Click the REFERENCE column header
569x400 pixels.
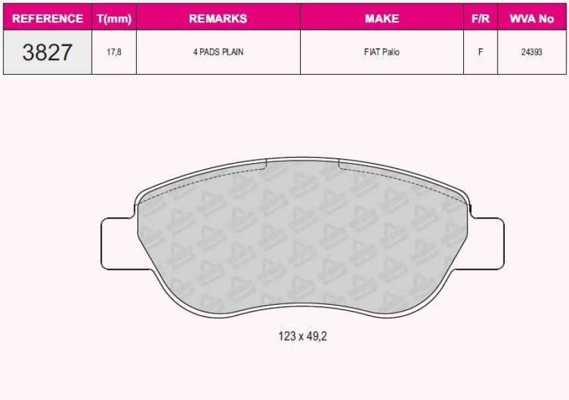point(48,18)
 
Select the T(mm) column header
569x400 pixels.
point(114,18)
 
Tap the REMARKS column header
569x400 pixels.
point(218,18)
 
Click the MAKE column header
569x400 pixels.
point(381,18)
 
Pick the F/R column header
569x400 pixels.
point(480,18)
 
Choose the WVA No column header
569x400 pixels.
point(531,18)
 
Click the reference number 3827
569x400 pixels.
point(47,52)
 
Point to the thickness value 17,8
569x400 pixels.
point(114,52)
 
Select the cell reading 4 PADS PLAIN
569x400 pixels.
point(218,52)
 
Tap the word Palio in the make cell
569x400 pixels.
point(391,52)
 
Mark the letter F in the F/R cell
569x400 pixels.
point(480,52)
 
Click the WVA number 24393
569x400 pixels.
point(531,52)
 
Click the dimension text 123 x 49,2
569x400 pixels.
point(303,336)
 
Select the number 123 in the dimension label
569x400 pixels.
point(286,336)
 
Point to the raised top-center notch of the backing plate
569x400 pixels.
point(302,162)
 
